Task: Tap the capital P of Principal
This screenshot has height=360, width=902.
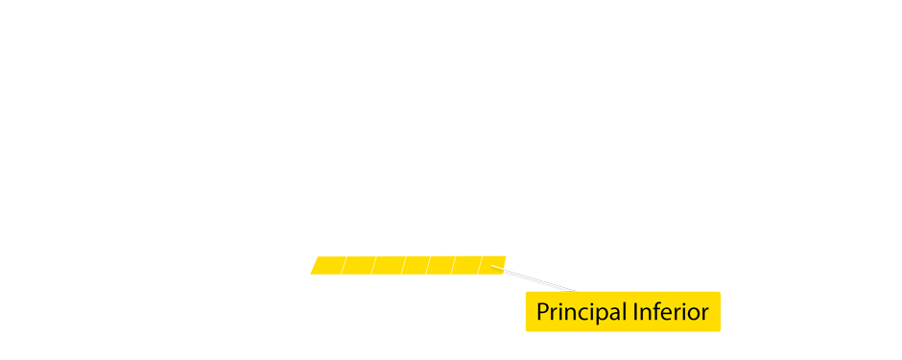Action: click(542, 312)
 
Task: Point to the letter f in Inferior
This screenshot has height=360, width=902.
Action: click(656, 312)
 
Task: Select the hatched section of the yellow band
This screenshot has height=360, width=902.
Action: click(403, 264)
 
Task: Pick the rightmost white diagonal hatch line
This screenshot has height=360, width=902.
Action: click(479, 264)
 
